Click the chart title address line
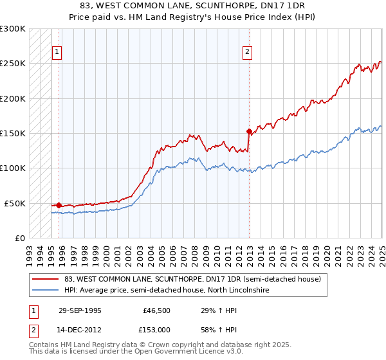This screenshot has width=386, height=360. tap(193, 6)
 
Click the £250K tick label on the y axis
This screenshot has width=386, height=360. tap(13, 64)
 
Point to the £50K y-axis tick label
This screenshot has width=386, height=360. tap(15, 203)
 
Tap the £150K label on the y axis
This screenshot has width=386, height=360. tap(13, 133)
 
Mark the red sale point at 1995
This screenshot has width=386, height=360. tap(59, 205)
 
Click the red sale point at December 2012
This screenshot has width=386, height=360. tap(249, 131)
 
